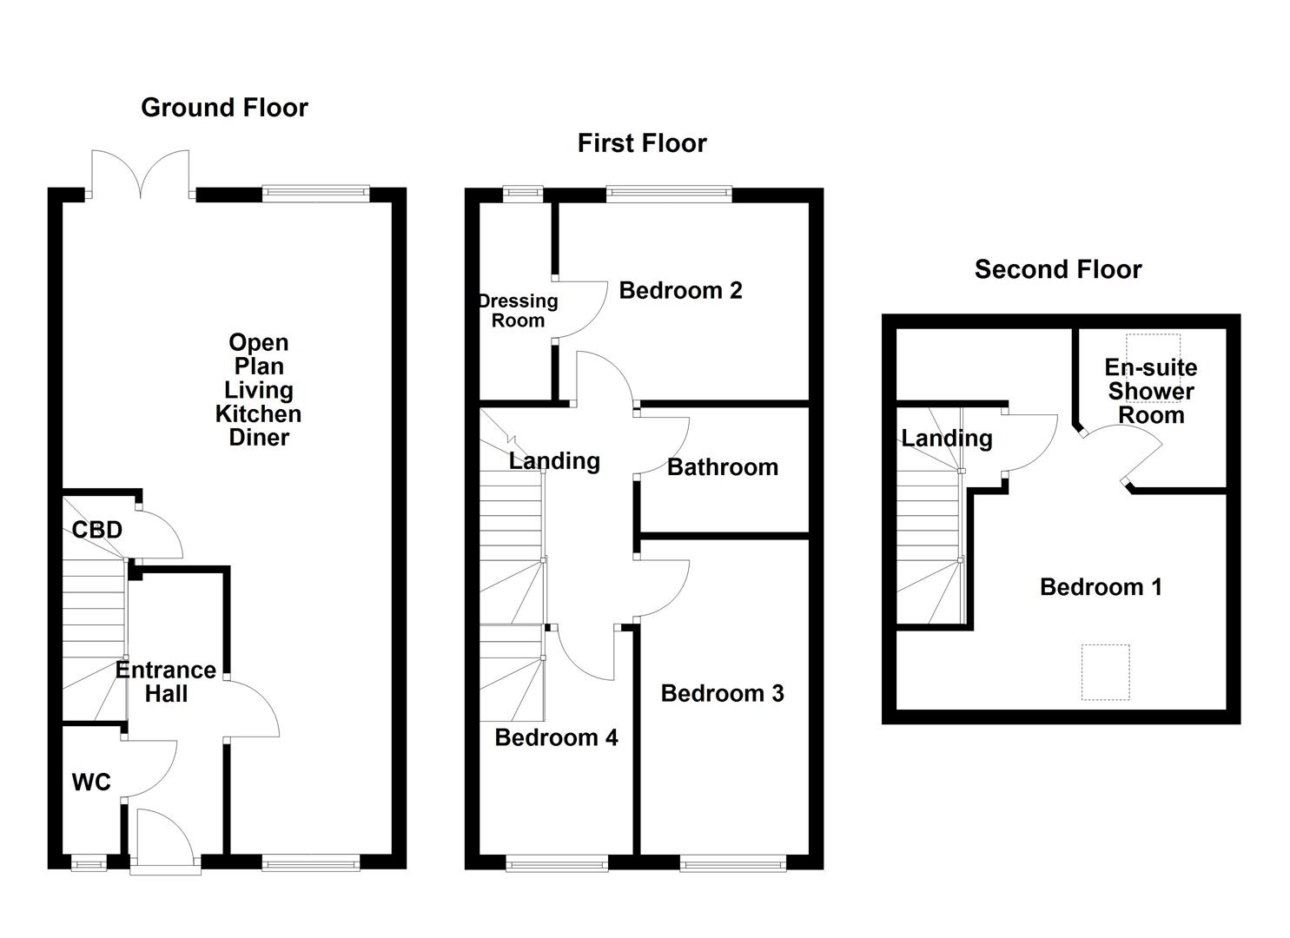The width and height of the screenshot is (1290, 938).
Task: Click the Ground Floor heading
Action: pyautogui.click(x=224, y=108)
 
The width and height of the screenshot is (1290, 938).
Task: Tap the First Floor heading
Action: pyautogui.click(x=642, y=143)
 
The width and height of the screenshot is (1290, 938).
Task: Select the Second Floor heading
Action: pyautogui.click(x=1057, y=269)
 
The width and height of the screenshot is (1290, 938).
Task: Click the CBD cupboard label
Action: pyautogui.click(x=96, y=530)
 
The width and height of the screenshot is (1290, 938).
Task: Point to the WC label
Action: pyautogui.click(x=91, y=783)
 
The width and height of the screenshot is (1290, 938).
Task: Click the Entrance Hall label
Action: pyautogui.click(x=166, y=682)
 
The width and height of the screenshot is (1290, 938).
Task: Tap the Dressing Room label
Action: pyautogui.click(x=518, y=311)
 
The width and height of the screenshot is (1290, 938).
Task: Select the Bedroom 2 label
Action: pyautogui.click(x=680, y=290)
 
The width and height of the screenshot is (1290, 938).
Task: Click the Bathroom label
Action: pyautogui.click(x=722, y=467)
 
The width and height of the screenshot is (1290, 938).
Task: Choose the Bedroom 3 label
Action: pyautogui.click(x=722, y=693)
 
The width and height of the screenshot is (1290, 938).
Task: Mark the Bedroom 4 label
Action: pyautogui.click(x=556, y=737)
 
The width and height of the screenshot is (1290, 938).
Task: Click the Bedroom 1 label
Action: pyautogui.click(x=1101, y=587)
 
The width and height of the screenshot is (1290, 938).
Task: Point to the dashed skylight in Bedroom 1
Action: pyautogui.click(x=1105, y=671)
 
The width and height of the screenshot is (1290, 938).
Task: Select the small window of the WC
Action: pyautogui.click(x=88, y=862)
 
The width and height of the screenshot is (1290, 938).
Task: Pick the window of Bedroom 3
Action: pyautogui.click(x=733, y=862)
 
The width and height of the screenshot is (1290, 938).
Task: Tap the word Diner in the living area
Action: pyautogui.click(x=259, y=438)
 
